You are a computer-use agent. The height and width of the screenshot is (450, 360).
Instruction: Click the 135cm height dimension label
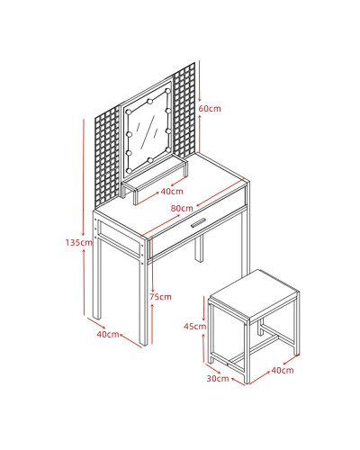coord(79,242)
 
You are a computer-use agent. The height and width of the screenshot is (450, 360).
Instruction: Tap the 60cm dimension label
coord(210,109)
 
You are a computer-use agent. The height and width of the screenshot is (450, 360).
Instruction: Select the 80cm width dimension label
coord(182,208)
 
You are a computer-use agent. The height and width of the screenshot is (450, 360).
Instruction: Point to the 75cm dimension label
coord(160,297)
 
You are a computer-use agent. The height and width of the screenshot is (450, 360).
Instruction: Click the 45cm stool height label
coord(195,326)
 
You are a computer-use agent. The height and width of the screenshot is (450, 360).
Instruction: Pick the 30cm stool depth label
coord(218,379)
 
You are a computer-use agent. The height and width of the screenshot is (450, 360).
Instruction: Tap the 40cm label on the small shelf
coord(172,192)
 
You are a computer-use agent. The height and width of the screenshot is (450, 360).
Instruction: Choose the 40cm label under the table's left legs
coord(108,334)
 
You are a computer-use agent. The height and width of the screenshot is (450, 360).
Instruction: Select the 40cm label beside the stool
coord(283,371)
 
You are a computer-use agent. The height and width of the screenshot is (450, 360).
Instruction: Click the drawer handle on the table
coord(198,222)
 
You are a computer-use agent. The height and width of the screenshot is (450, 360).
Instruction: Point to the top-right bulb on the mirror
coord(167,91)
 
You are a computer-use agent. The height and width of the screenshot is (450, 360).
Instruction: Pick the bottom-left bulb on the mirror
coord(130,170)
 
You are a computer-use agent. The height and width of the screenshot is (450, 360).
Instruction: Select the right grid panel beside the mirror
coord(184,111)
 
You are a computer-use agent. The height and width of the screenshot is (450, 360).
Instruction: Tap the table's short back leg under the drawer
coord(199,248)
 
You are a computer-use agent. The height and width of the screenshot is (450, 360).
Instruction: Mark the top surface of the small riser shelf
coord(154,173)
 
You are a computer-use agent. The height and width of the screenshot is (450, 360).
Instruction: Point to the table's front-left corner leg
coord(144,291)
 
